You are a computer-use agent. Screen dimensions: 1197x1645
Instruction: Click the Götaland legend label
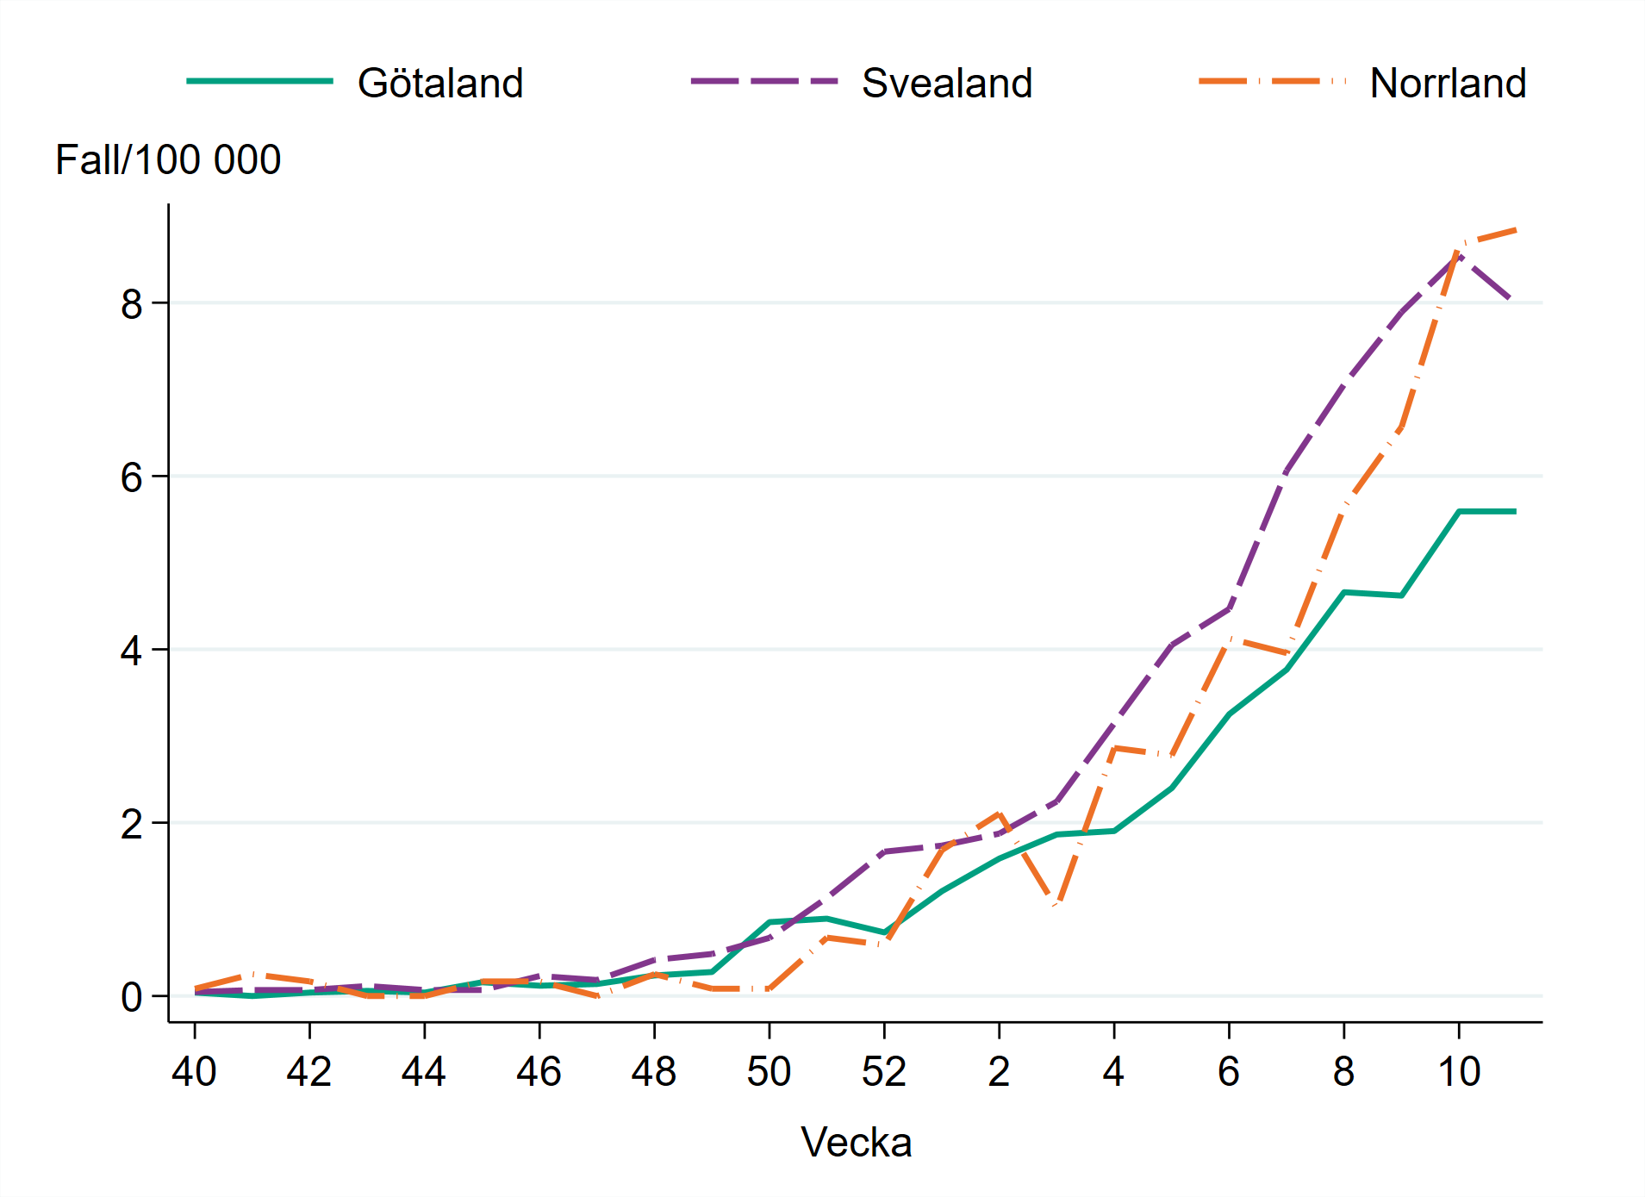pyautogui.click(x=440, y=84)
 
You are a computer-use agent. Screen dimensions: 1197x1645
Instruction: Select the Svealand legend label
pyautogui.click(x=946, y=84)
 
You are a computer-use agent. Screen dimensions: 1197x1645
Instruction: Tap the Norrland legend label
pyautogui.click(x=1448, y=84)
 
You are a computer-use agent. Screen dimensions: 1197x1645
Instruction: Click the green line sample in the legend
pyautogui.click(x=259, y=81)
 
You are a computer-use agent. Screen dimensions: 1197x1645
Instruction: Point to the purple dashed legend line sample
pyautogui.click(x=764, y=81)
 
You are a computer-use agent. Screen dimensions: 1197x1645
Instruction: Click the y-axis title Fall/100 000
pyautogui.click(x=168, y=159)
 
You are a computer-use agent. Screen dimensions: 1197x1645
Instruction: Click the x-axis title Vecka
pyautogui.click(x=856, y=1143)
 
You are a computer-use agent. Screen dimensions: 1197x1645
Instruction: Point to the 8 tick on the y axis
pyautogui.click(x=132, y=304)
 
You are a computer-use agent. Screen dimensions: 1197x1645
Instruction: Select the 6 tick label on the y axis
pyautogui.click(x=132, y=477)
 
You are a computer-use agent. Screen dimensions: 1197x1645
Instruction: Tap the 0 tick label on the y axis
pyautogui.click(x=132, y=997)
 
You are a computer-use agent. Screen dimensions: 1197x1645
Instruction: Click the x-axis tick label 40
pyautogui.click(x=194, y=1072)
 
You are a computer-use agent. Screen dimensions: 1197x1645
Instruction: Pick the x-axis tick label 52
pyautogui.click(x=883, y=1072)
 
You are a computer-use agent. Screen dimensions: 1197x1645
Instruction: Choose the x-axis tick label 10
pyautogui.click(x=1458, y=1072)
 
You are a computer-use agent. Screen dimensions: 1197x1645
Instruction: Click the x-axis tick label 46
pyautogui.click(x=539, y=1072)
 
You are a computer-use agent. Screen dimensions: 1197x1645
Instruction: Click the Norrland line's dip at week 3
pyautogui.click(x=1056, y=904)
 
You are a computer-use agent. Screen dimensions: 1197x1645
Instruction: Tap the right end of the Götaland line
pyautogui.click(x=1515, y=511)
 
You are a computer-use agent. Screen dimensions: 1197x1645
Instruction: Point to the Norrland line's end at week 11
pyautogui.click(x=1515, y=230)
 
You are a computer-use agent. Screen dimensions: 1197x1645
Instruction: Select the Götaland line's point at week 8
pyautogui.click(x=1344, y=592)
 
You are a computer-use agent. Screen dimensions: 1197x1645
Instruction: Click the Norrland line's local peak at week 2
pyautogui.click(x=999, y=814)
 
